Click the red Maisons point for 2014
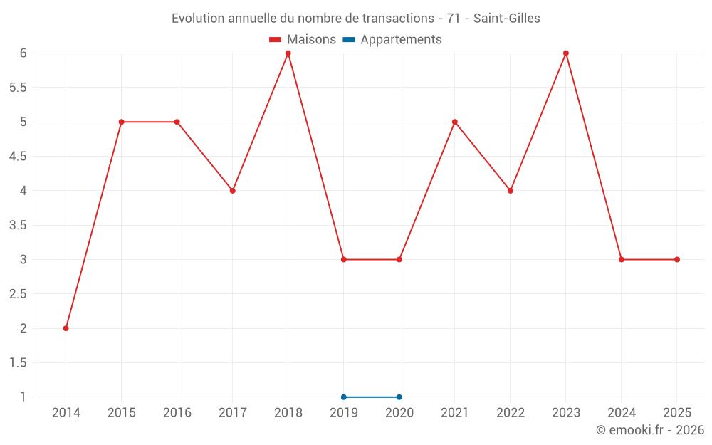click(x=66, y=328)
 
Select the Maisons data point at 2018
click(x=288, y=53)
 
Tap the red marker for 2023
click(x=566, y=53)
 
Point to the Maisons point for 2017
click(x=233, y=191)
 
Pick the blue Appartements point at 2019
click(x=344, y=397)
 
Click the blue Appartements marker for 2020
click(x=399, y=397)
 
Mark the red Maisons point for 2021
click(x=454, y=122)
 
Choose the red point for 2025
click(x=677, y=260)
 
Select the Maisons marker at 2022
click(x=511, y=191)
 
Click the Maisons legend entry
click(x=303, y=39)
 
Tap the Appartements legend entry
click(x=392, y=40)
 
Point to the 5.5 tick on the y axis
click(x=18, y=88)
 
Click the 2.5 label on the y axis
click(x=18, y=294)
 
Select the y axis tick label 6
click(x=23, y=53)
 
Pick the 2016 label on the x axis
click(x=177, y=413)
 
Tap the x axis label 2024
click(x=622, y=413)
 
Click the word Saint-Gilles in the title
click(x=507, y=19)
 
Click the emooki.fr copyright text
click(x=650, y=430)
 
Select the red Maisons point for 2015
click(x=121, y=122)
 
